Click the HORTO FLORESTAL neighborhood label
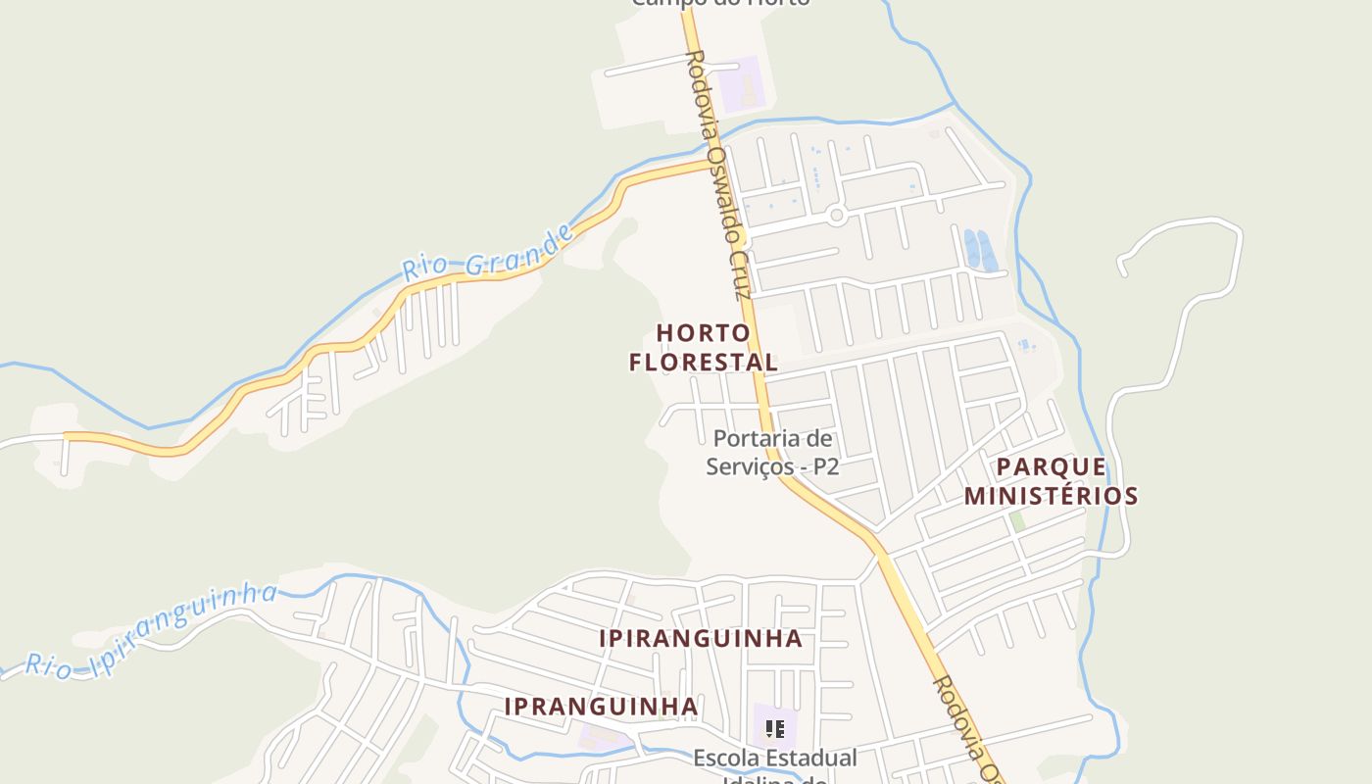[704, 347]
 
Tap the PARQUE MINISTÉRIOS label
[1051, 481]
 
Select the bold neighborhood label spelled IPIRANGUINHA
[701, 639]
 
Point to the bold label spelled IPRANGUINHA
[601, 707]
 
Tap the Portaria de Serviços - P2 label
[772, 452]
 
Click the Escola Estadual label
[775, 758]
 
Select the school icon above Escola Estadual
[775, 729]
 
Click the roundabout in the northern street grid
[836, 215]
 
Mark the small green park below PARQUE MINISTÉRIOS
[1018, 521]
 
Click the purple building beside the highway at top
[741, 83]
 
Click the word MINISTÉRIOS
[1051, 496]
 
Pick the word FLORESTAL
[704, 362]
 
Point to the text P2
[825, 466]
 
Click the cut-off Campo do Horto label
[720, 3]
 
